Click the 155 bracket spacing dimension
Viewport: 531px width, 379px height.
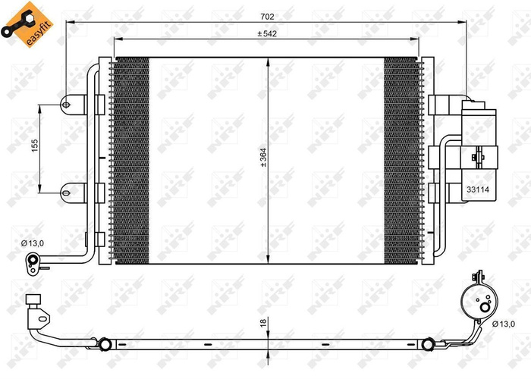click(x=33, y=146)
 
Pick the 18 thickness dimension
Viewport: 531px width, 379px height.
click(x=262, y=324)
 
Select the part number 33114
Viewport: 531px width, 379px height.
click(x=477, y=192)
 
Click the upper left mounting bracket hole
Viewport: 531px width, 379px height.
click(x=68, y=104)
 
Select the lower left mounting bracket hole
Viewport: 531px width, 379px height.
click(x=68, y=189)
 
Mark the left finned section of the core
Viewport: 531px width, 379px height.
click(x=132, y=161)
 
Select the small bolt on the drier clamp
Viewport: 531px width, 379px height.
click(x=476, y=158)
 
